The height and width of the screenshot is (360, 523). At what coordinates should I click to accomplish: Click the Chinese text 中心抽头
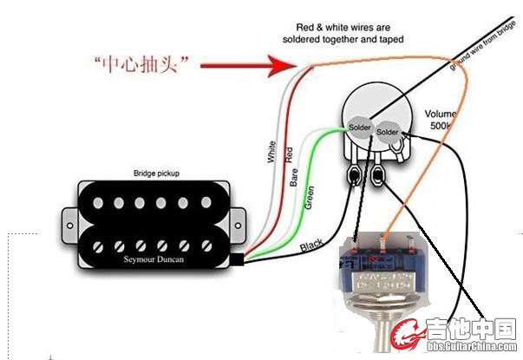point(142,65)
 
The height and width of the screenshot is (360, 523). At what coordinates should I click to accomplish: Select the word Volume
point(441,114)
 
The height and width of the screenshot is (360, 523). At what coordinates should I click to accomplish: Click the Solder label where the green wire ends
point(359,128)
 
